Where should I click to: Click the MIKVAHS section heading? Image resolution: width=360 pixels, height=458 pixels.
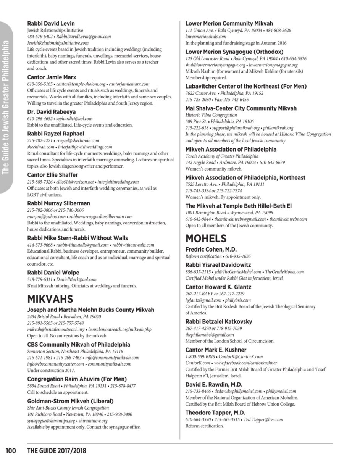coord(50,298)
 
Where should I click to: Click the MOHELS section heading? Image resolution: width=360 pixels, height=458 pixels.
coord(206,239)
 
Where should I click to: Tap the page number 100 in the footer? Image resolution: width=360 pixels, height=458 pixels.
coord(11,451)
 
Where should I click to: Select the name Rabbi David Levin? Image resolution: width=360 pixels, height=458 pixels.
coord(51,23)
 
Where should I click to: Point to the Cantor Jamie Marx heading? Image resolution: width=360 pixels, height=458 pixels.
coord(52,77)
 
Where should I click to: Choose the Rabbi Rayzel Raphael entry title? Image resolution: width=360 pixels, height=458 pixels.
coord(55,134)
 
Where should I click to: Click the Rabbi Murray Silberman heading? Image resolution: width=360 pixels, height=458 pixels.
coord(58,203)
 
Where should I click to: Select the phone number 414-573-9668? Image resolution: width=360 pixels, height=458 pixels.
coord(40,245)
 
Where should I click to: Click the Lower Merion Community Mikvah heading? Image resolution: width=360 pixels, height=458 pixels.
coord(229,23)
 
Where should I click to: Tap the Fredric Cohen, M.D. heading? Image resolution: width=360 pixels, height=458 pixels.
coord(211,249)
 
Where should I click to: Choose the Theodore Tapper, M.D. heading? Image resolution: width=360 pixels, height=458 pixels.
coord(215,413)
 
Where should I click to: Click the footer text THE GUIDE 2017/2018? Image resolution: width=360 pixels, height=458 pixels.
coord(57,451)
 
